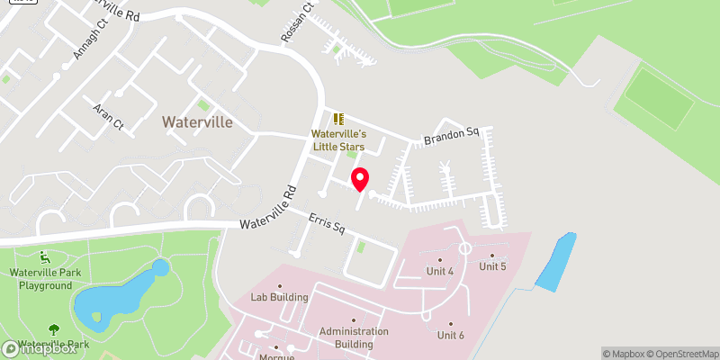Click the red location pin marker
(359, 178)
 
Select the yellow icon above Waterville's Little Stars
(338, 119)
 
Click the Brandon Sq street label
(454, 138)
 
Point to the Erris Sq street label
(327, 224)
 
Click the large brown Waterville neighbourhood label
(197, 121)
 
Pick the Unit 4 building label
(438, 271)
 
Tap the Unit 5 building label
(492, 266)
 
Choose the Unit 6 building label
(450, 335)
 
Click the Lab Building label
(279, 297)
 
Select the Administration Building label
(354, 337)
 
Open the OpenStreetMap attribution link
(681, 353)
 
